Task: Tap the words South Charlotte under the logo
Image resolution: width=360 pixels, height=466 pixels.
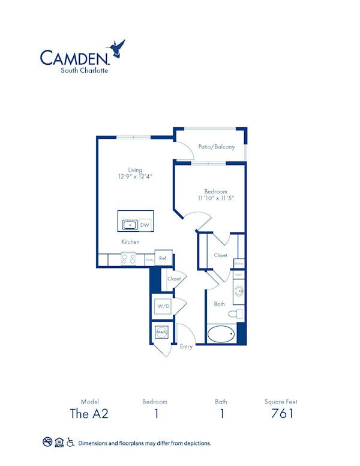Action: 84,70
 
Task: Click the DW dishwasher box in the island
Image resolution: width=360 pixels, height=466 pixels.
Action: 145,225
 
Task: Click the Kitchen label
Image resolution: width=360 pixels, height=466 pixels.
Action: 130,241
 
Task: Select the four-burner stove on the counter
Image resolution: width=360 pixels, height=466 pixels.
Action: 128,259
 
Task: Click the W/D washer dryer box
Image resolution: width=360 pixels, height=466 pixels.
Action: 163,307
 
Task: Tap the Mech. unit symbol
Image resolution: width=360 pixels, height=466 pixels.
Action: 161,332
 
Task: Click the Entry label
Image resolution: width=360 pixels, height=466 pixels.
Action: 186,347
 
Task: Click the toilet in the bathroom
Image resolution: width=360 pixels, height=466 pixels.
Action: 236,313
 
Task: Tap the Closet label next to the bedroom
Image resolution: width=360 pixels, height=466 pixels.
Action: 220,255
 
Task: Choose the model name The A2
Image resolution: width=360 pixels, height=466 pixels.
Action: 88,413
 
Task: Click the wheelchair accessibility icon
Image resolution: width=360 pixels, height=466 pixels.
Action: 71,443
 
